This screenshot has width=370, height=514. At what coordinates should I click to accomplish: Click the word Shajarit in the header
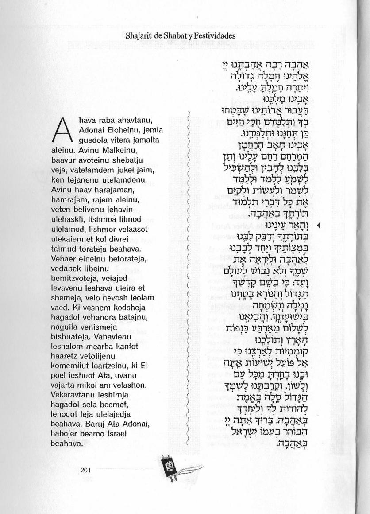[x=138, y=35]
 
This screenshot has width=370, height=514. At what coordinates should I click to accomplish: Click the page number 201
[x=86, y=471]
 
